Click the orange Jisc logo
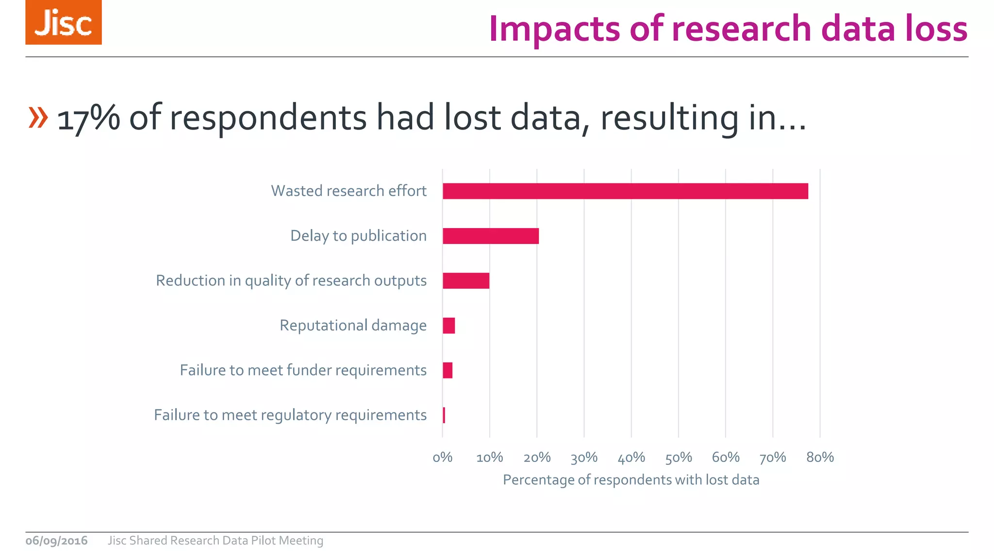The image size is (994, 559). tap(64, 23)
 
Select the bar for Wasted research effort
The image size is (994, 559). tap(625, 191)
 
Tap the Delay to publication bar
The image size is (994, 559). tap(491, 236)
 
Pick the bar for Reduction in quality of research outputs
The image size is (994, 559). tap(466, 281)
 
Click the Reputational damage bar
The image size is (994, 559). tap(449, 326)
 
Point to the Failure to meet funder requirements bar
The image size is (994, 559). tap(447, 370)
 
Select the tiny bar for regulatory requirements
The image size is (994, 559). tap(444, 415)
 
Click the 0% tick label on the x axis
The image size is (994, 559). tap(442, 458)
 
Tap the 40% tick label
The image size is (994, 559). tap(631, 458)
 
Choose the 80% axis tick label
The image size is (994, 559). tap(820, 458)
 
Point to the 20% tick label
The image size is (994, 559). tap(537, 458)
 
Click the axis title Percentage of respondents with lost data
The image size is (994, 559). tap(631, 480)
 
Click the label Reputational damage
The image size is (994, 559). tap(353, 325)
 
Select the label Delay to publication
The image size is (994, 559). tap(358, 236)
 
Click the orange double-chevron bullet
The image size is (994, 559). tap(38, 117)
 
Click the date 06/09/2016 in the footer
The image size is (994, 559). tap(56, 541)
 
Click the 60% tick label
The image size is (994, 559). tap(726, 458)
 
